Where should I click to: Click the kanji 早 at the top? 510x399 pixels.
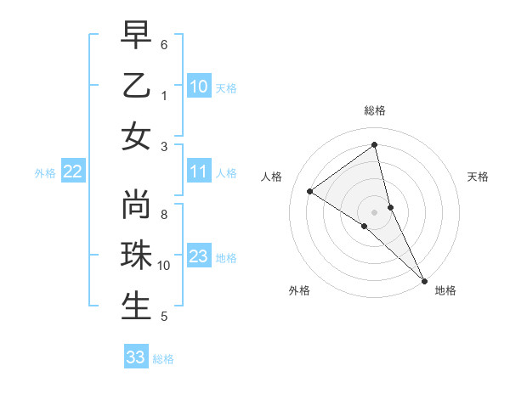click(136, 37)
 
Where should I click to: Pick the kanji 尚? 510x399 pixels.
click(136, 207)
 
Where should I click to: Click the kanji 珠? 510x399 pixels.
click(136, 256)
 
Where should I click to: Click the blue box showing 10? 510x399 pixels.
click(199, 86)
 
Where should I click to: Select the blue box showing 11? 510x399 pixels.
click(199, 172)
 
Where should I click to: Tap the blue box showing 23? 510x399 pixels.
click(199, 256)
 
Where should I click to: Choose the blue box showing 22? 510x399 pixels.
click(73, 172)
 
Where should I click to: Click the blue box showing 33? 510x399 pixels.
click(136, 357)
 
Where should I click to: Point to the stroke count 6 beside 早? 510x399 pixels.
click(164, 44)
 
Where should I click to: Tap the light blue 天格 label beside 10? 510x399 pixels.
click(226, 87)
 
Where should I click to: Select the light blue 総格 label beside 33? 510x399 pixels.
click(163, 359)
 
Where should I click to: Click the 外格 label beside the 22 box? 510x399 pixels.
click(45, 173)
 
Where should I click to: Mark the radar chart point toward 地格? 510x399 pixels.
click(423, 279)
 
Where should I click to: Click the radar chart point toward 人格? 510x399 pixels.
click(310, 192)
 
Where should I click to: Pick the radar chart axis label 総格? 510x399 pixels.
click(374, 110)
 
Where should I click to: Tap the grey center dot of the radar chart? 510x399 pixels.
click(374, 211)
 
